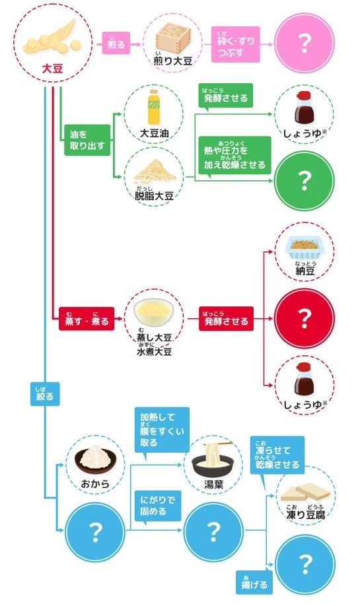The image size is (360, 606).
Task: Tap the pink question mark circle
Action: click(304, 44)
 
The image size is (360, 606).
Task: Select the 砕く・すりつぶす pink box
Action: click(236, 44)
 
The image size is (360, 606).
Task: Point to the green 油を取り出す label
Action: click(86, 141)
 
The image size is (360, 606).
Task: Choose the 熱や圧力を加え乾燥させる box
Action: click(235, 155)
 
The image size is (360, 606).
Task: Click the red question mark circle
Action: click(304, 320)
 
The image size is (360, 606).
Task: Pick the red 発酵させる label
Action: click(225, 321)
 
